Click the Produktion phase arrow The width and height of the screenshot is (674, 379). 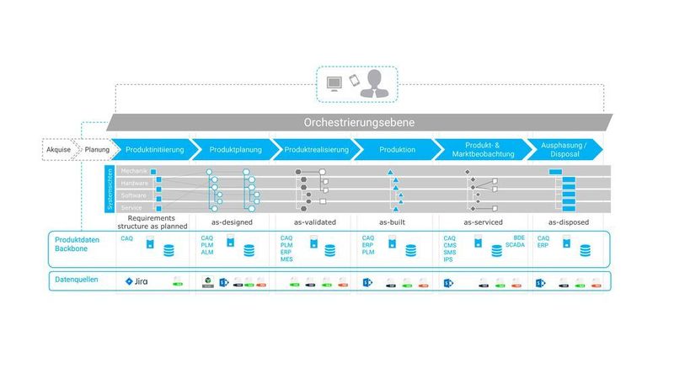(x=397, y=149)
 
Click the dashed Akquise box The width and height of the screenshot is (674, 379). (x=59, y=150)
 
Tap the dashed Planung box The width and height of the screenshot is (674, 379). (x=96, y=150)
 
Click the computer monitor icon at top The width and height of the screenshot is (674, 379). (x=334, y=83)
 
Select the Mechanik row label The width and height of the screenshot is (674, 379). (x=134, y=172)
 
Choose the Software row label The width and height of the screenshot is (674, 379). (x=134, y=195)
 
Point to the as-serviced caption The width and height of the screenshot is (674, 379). (x=483, y=222)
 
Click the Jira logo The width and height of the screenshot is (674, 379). (x=136, y=281)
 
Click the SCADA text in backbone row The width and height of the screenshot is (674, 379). (x=515, y=245)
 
